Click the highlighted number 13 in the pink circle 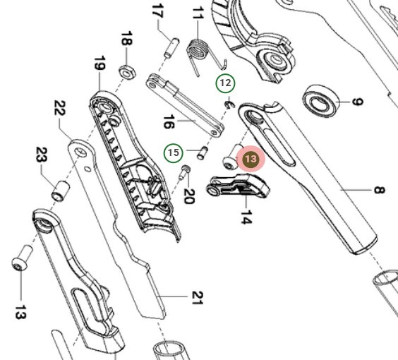[251, 160]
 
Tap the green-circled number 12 [225, 83]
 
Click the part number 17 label [157, 13]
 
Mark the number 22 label [59, 110]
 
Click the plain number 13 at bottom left [20, 311]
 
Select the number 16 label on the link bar [168, 122]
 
